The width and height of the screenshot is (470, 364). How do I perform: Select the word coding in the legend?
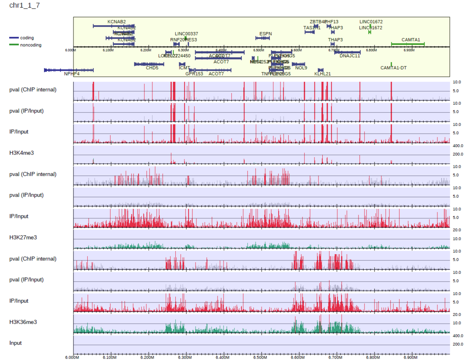click(27, 38)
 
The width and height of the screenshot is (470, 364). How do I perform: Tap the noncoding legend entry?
click(30, 45)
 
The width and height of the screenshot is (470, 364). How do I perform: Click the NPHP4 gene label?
click(72, 74)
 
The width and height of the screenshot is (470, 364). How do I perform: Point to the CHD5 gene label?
click(152, 68)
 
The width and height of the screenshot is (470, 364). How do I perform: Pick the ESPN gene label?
click(265, 34)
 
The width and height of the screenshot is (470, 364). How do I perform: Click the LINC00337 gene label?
click(186, 34)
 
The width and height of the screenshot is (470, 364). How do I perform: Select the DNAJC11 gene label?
click(350, 56)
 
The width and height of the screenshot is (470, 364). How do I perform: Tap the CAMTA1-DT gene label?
click(393, 68)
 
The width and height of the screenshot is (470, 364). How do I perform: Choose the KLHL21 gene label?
click(322, 74)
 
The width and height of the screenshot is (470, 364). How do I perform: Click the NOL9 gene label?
click(301, 68)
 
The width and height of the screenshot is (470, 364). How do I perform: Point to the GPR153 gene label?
click(194, 74)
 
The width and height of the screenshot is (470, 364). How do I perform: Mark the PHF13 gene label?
click(332, 22)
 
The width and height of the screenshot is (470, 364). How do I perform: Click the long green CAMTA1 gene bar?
click(408, 44)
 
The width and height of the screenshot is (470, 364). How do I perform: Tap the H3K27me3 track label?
click(23, 237)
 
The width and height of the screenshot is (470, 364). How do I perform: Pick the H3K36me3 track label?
click(23, 322)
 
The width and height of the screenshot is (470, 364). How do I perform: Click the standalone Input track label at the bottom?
click(16, 343)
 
